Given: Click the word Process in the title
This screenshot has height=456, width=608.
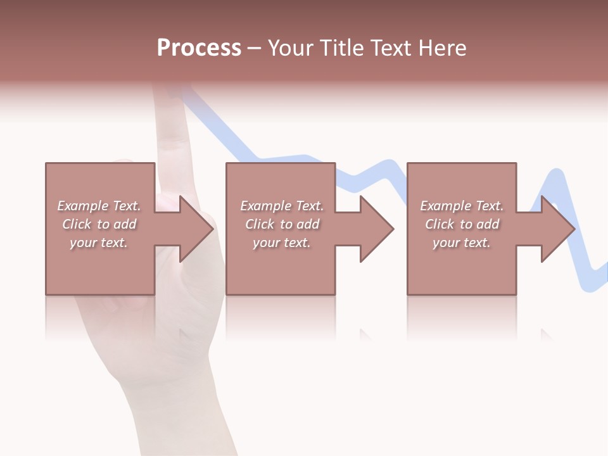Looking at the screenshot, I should (199, 48).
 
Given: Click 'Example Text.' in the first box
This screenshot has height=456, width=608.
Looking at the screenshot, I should (99, 206).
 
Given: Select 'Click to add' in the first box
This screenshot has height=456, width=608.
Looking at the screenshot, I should (99, 224).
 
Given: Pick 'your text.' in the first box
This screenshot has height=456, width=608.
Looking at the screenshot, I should (99, 243).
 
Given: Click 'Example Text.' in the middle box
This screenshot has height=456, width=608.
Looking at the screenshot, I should (282, 206).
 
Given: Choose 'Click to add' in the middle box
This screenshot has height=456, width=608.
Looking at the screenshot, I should (282, 224).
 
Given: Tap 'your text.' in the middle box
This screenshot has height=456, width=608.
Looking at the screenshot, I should (282, 243).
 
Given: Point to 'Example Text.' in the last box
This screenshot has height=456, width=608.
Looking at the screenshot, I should (462, 206).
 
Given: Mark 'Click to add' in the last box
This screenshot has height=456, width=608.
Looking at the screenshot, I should (462, 224).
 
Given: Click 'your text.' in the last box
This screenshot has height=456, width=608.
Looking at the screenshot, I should (462, 243).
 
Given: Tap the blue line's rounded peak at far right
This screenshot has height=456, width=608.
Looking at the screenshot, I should (557, 174).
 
